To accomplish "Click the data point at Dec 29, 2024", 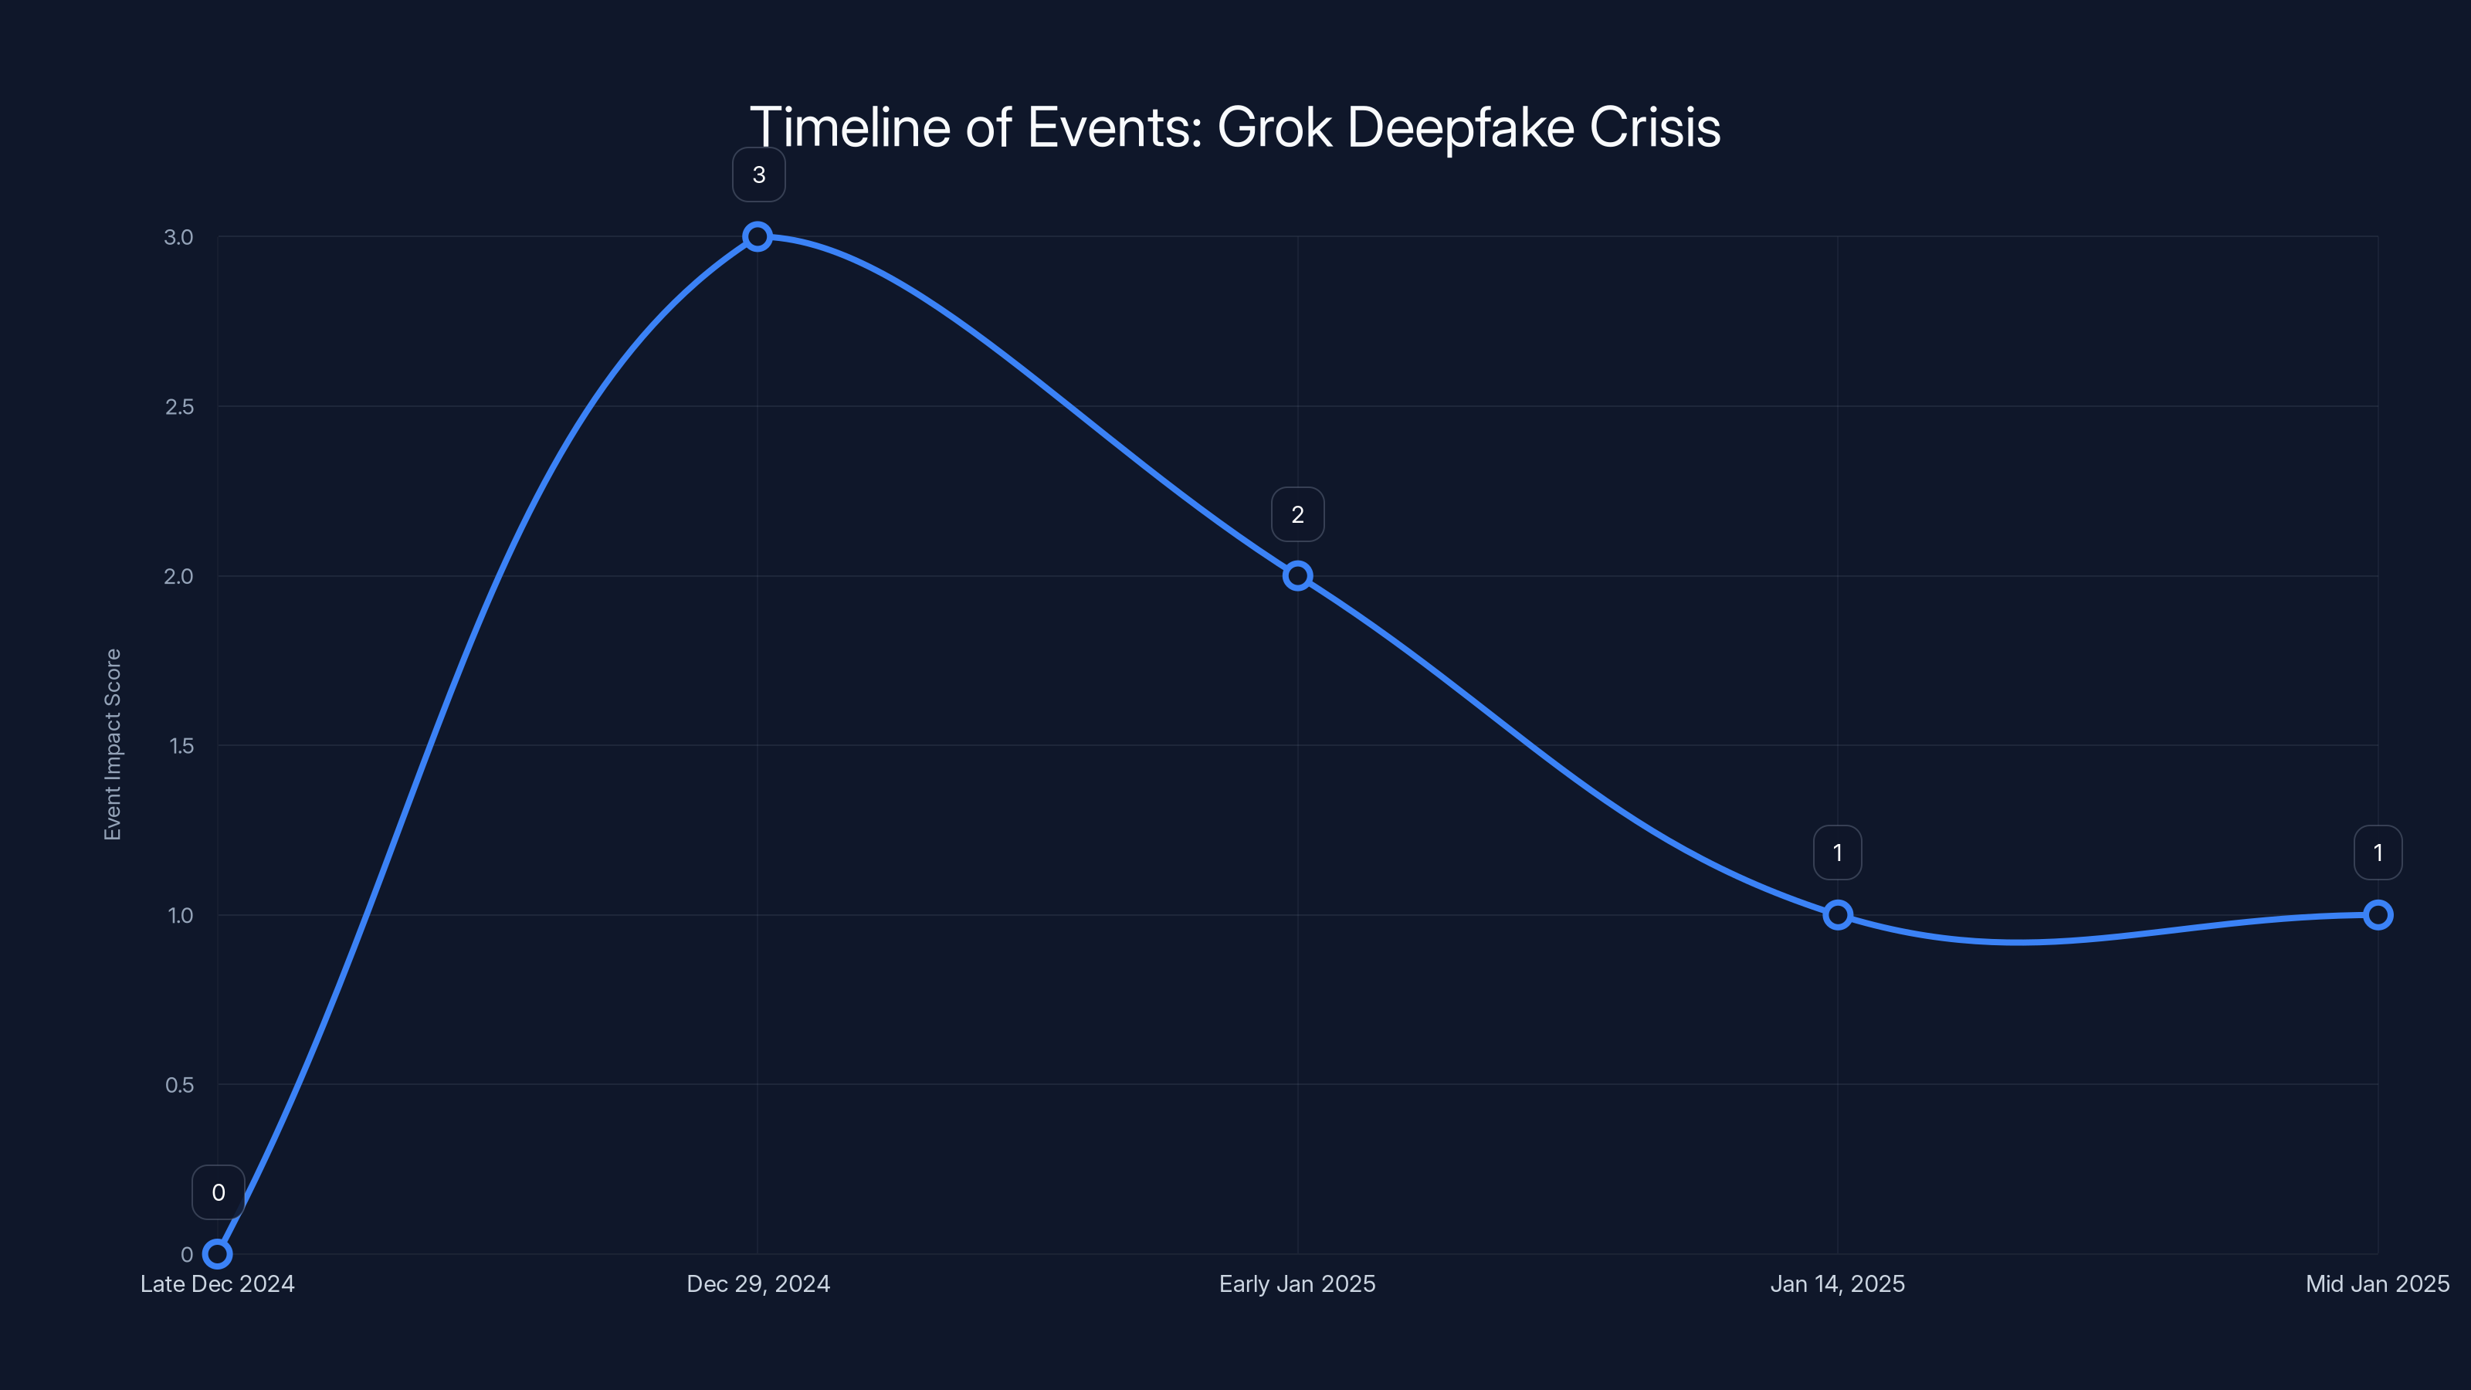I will [757, 236].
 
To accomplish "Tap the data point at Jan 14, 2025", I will [1837, 914].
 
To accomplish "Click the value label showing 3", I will [759, 175].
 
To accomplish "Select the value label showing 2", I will [1297, 514].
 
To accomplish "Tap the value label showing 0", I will [218, 1192].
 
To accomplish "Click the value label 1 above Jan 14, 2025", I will [1837, 853].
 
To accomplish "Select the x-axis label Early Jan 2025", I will [1297, 1283].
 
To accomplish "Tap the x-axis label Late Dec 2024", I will [218, 1283].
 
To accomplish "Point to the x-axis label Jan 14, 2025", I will [1837, 1283].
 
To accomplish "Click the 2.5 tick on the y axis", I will [178, 407].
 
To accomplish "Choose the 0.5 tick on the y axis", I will [178, 1084].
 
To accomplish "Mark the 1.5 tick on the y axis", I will [181, 745].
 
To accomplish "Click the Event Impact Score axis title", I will [114, 744].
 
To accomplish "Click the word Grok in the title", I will [1274, 127].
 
